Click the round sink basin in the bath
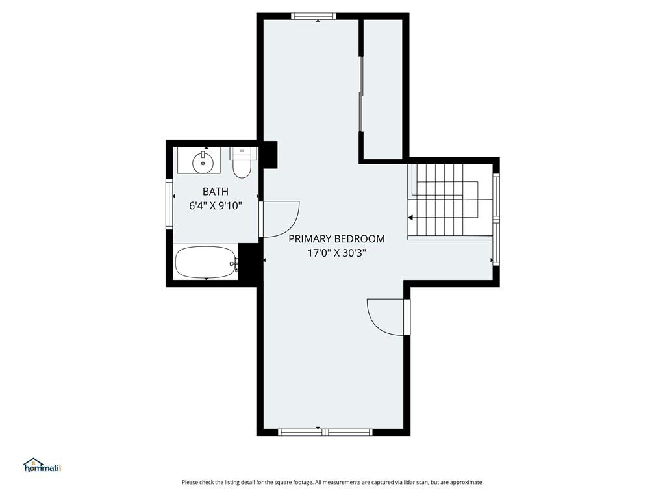point(203,162)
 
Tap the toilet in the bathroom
point(242,162)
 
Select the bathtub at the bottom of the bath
point(206,262)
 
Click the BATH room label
point(216,192)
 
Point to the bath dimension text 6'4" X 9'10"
point(216,206)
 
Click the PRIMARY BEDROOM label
point(337,239)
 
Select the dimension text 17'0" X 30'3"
point(337,253)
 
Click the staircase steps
point(443,199)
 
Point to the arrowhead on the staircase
point(410,218)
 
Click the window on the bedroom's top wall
point(314,16)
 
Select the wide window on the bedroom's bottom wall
point(325,432)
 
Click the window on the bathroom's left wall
point(169,205)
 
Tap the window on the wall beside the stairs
point(496,220)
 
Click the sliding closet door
point(361,94)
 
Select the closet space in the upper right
point(383,90)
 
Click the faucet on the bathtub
point(234,263)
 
